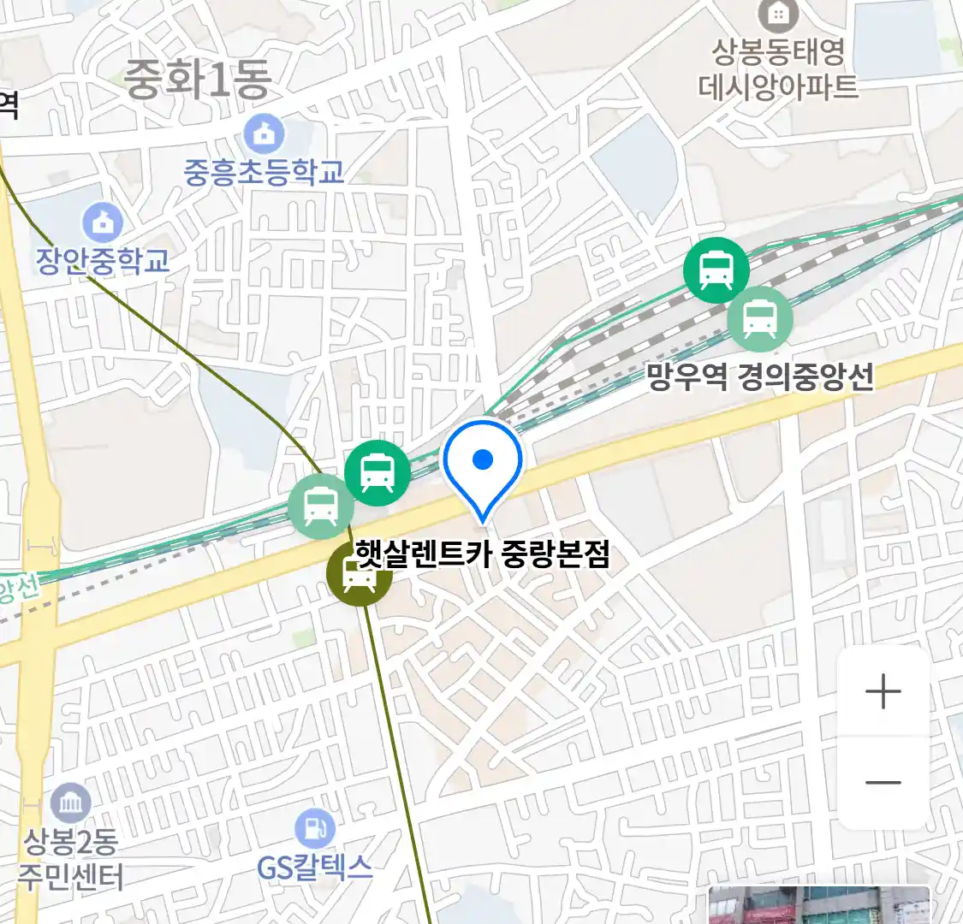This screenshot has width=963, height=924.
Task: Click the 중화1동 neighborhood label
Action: point(198,80)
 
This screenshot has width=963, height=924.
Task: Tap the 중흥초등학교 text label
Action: point(264,172)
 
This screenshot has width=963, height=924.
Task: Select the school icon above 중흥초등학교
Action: point(264,134)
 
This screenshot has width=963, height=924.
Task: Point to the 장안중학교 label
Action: point(103,261)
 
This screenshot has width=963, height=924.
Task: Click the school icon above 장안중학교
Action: point(103,223)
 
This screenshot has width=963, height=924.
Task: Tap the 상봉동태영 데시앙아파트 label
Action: point(778,69)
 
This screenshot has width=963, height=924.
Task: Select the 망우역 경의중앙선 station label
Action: point(760,376)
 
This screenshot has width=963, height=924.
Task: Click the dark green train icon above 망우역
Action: point(716,270)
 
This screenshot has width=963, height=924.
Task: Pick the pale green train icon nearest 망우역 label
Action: point(759,319)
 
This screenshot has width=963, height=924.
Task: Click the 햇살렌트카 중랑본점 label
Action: point(483,554)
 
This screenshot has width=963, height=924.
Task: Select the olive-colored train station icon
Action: point(360,575)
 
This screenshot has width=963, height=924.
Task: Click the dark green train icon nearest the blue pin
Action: point(377,472)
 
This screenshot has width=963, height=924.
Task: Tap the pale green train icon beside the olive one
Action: point(321,506)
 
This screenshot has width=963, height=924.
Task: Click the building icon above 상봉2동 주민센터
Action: point(70,803)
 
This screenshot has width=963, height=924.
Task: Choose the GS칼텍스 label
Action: point(314,868)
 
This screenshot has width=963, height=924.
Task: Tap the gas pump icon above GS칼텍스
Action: point(315,828)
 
